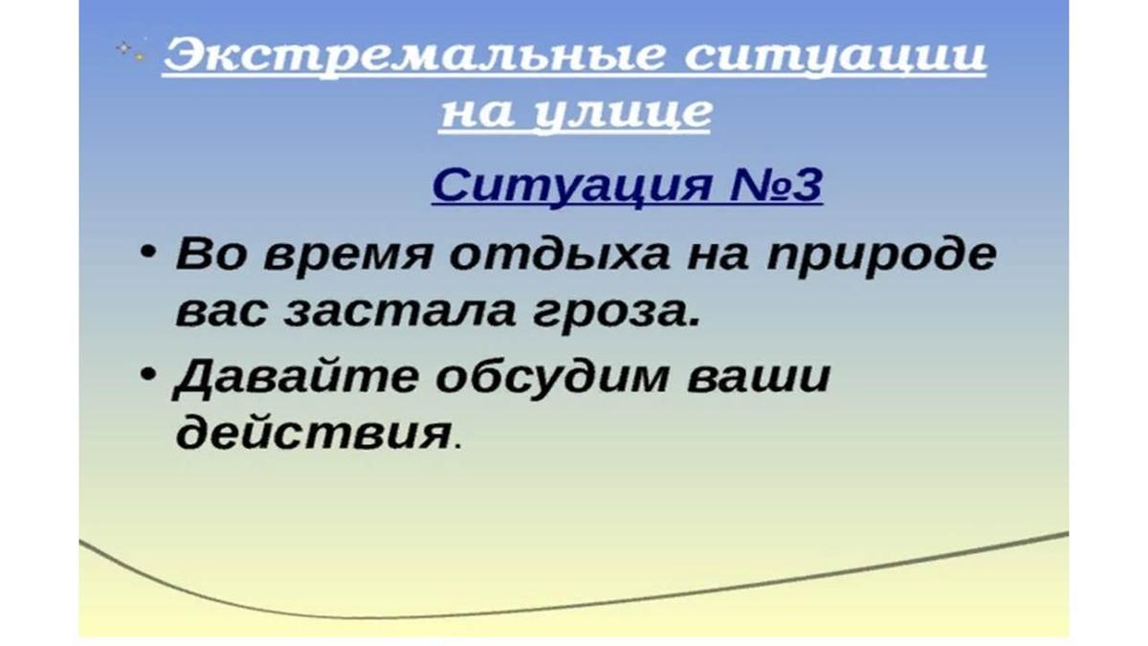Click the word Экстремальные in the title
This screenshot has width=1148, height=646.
tap(414, 56)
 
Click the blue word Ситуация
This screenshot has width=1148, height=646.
tap(572, 187)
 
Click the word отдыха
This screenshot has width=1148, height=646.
tap(559, 254)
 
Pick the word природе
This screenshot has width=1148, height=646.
tap(881, 257)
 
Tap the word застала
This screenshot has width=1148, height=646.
tap(400, 312)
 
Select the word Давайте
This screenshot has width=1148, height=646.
tap(296, 378)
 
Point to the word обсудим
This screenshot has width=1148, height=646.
tap(553, 377)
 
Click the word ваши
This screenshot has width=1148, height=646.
tap(759, 379)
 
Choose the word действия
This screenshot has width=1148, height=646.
tap(313, 434)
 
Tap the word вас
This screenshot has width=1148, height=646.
tap(221, 312)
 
